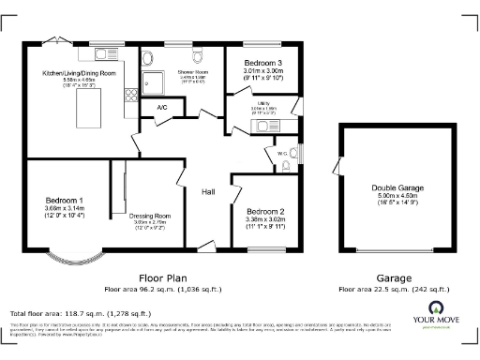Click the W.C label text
point(282,151)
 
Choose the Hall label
point(208,191)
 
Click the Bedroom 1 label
point(65,200)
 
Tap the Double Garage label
point(396,188)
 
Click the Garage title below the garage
point(394,278)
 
